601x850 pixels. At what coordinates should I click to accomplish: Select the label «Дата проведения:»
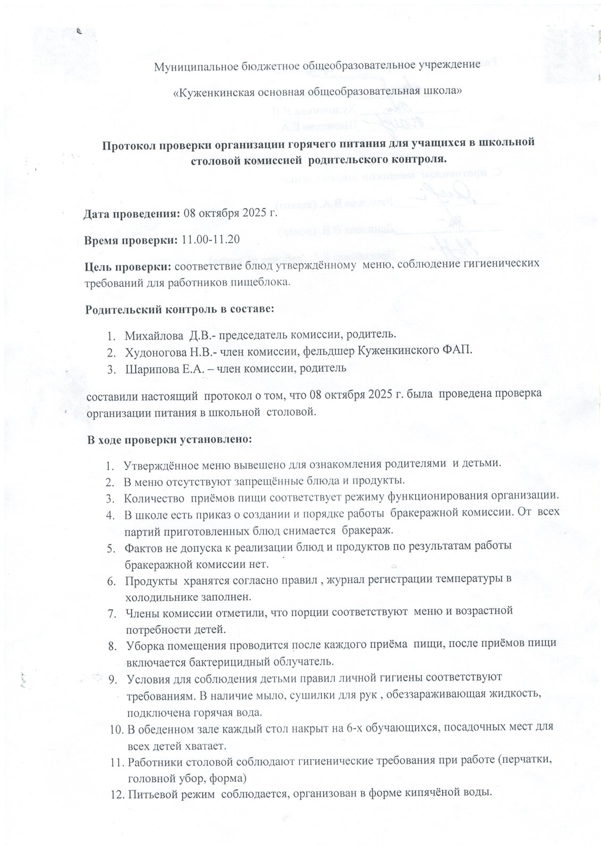tap(132, 215)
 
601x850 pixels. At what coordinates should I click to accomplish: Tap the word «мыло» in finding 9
tap(259, 696)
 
